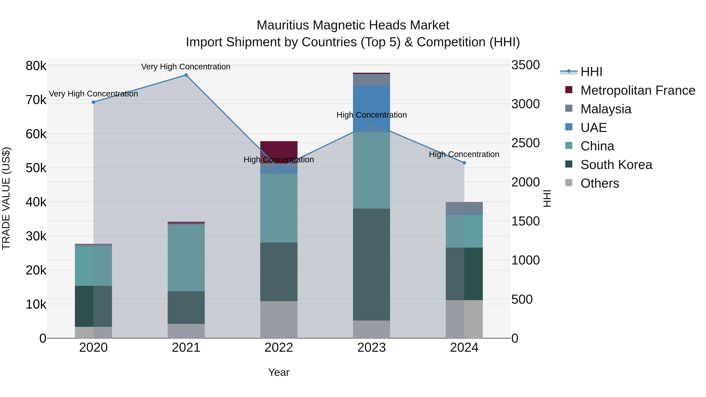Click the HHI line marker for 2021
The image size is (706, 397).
pos(186,75)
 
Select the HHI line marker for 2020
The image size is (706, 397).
pos(94,102)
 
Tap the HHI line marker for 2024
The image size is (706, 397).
pos(464,163)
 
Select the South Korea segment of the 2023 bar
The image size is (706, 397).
pos(371,264)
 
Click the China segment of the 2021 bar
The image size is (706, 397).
pos(186,258)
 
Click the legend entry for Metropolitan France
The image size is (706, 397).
pos(638,90)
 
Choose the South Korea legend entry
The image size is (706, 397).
pos(616,165)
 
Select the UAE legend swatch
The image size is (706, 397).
pos(569,127)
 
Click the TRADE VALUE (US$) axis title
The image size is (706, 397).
pos(6,198)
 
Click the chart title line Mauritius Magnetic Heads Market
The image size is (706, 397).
pos(353,25)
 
